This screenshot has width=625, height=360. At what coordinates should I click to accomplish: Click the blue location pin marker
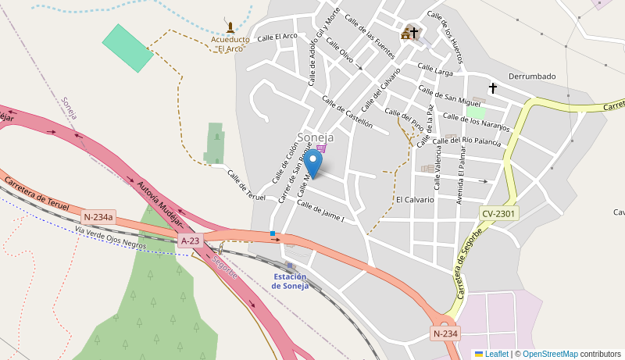(312, 163)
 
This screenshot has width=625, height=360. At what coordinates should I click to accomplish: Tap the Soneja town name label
(315, 137)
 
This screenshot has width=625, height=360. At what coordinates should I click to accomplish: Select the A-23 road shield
(191, 241)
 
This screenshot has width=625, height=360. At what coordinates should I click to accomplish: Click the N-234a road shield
(98, 217)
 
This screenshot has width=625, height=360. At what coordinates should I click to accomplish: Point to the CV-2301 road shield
(498, 212)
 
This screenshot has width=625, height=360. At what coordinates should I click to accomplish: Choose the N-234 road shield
(445, 333)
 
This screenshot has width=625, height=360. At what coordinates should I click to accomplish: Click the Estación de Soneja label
(290, 281)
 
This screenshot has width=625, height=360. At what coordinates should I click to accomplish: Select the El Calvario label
(414, 200)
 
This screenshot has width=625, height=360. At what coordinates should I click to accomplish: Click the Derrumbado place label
(532, 77)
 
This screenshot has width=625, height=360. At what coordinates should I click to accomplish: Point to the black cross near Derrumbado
(492, 88)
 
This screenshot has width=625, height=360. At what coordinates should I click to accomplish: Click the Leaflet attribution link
(496, 354)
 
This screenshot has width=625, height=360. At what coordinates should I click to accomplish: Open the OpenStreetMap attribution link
(550, 354)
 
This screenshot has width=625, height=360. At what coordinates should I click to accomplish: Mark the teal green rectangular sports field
(128, 48)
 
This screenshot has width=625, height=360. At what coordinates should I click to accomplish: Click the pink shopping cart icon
(321, 148)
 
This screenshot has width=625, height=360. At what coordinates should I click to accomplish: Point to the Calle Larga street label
(435, 70)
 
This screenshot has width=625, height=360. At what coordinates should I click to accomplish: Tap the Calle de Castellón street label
(347, 112)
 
